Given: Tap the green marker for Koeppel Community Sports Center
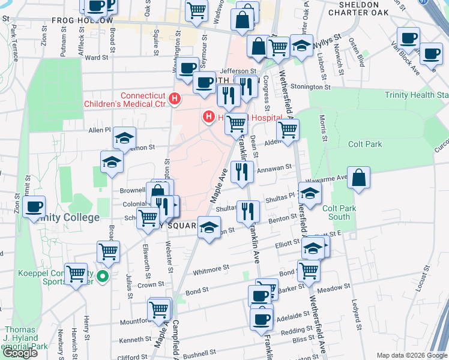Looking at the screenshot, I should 103,277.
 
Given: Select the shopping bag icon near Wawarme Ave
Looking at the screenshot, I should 358,178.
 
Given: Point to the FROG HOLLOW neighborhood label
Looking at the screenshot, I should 82,20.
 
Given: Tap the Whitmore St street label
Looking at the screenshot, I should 211,269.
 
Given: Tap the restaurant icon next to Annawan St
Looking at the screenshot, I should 242,172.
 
